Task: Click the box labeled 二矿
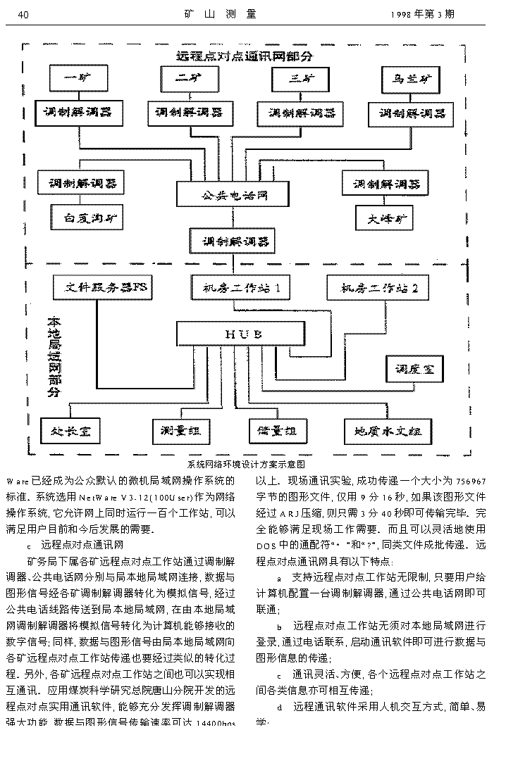click(186, 78)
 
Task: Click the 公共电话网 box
click(233, 194)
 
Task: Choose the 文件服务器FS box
click(103, 287)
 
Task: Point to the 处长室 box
click(70, 429)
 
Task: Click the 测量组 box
click(181, 429)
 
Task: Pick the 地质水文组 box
click(388, 429)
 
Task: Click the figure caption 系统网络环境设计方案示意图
click(247, 465)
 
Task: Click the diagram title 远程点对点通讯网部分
click(245, 55)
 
